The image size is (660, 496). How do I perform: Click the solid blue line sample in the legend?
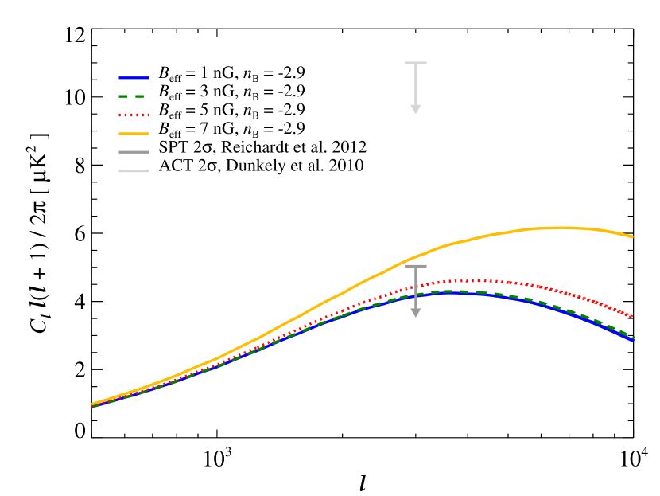pyautogui.click(x=134, y=78)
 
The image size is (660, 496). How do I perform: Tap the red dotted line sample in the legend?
pyautogui.click(x=134, y=115)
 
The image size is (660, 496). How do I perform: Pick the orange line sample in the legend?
pyautogui.click(x=134, y=134)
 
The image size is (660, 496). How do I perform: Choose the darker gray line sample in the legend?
pyautogui.click(x=134, y=152)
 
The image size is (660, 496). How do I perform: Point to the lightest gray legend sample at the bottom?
pyautogui.click(x=134, y=171)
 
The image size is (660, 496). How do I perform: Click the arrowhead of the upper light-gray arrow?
pyautogui.click(x=415, y=109)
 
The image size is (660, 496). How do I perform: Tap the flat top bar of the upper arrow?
pyautogui.click(x=415, y=63)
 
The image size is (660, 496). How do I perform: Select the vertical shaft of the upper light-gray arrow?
pyautogui.click(x=415, y=84)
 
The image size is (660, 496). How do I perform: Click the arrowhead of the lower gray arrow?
pyautogui.click(x=415, y=313)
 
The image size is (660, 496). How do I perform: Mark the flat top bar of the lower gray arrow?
pyautogui.click(x=415, y=266)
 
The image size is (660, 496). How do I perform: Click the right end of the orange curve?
pyautogui.click(x=633, y=236)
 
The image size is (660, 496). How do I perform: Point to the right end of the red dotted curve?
pyautogui.click(x=631, y=316)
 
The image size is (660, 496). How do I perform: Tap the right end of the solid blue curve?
pyautogui.click(x=633, y=341)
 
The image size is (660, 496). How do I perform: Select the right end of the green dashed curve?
pyautogui.click(x=634, y=337)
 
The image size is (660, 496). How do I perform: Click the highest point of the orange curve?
pyautogui.click(x=561, y=228)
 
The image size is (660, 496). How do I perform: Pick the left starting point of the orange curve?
pyautogui.click(x=94, y=404)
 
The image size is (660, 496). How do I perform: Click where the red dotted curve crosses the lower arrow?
pyautogui.click(x=415, y=287)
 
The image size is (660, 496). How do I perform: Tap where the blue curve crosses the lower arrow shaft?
pyautogui.click(x=415, y=296)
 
